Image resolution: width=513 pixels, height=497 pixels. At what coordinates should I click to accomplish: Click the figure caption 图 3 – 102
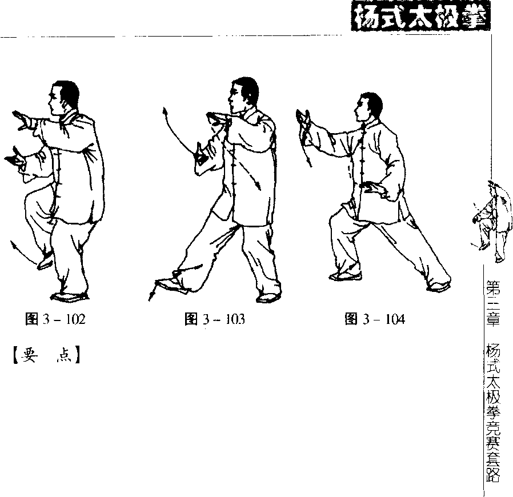[x=55, y=319]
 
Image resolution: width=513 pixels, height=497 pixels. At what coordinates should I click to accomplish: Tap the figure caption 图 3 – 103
[x=215, y=319]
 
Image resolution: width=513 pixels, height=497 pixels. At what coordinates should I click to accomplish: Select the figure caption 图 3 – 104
[x=375, y=319]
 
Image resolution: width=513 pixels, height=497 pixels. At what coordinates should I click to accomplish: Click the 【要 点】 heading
[x=46, y=355]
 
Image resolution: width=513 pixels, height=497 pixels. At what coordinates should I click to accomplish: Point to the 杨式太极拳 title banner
[x=421, y=17]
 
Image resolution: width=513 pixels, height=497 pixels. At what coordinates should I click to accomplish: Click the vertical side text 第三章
[x=492, y=303]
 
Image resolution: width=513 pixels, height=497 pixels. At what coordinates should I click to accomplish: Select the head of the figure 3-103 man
[x=243, y=95]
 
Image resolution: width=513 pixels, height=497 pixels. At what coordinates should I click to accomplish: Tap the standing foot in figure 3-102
[x=69, y=297]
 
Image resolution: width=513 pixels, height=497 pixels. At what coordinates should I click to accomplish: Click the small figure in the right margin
[x=491, y=222]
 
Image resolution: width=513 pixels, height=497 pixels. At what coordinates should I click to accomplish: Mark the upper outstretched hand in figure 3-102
[x=23, y=121]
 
